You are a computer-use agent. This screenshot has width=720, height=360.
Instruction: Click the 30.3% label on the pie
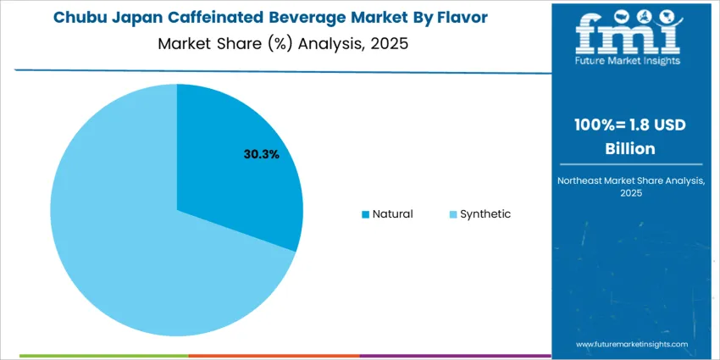click(x=262, y=154)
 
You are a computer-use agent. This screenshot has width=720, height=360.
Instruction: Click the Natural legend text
click(x=392, y=213)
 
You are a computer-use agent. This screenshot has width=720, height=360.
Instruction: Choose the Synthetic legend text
click(x=485, y=213)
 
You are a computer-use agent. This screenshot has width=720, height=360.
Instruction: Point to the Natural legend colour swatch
click(x=365, y=214)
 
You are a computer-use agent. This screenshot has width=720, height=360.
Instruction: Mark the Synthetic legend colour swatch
click(x=452, y=214)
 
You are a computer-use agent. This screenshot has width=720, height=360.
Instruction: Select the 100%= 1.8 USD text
click(x=629, y=125)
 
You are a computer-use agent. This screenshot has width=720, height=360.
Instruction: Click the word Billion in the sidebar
click(x=629, y=148)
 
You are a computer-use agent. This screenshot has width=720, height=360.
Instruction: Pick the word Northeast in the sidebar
click(x=584, y=180)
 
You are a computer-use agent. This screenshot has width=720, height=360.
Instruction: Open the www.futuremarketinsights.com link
click(x=629, y=344)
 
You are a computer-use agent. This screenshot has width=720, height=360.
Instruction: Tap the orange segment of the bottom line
click(x=274, y=356)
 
